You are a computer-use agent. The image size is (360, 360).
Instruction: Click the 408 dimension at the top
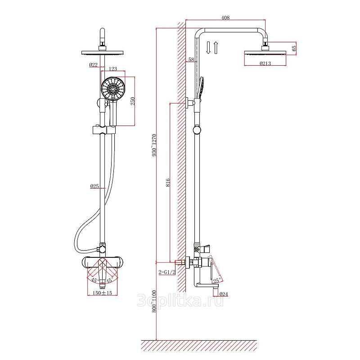coord(225,18)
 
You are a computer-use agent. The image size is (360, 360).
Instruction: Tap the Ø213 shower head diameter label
coord(265,63)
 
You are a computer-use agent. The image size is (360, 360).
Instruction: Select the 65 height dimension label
coord(294,49)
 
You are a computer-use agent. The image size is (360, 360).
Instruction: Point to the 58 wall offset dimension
coord(191,59)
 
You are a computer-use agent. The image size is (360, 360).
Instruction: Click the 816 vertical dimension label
coord(168,183)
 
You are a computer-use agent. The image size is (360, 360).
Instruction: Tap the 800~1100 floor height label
coord(154,301)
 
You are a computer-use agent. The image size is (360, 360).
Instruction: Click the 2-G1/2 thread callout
coord(167,272)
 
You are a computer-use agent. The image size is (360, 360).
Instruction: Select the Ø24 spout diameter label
coord(223,294)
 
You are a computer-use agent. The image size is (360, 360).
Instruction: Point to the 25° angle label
coord(217,280)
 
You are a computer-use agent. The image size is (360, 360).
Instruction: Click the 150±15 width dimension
coord(103,293)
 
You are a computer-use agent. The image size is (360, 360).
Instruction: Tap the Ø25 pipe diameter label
coord(94,186)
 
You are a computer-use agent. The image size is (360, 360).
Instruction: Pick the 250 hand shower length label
coord(133,101)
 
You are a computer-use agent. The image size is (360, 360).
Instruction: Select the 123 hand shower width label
coord(113,69)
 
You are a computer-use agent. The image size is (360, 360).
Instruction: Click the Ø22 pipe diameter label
coord(94,65)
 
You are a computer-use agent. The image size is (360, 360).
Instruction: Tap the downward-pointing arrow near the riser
coord(208,48)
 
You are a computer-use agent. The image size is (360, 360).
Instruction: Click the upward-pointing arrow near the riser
coord(216,48)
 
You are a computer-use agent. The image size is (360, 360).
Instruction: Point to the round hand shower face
coord(113,89)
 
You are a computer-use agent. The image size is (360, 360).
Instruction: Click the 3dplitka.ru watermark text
coord(180,301)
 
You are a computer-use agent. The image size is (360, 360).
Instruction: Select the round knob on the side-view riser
coord(197,130)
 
